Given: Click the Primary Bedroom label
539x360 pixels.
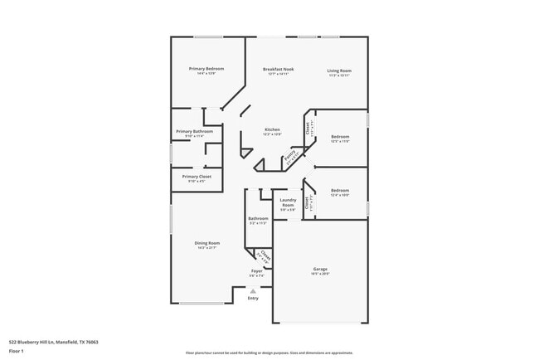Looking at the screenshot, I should [x=207, y=68].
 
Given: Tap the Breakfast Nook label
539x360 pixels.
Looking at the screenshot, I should [x=278, y=69].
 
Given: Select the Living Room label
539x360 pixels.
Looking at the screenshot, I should [x=338, y=71].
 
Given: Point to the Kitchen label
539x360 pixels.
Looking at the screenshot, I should [x=272, y=129].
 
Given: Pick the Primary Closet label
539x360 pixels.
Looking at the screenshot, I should [x=197, y=177].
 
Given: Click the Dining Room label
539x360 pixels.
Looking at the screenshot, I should [x=207, y=242].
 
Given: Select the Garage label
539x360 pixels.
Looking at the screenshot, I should [x=320, y=269].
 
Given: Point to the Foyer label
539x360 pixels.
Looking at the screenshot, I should [x=257, y=271].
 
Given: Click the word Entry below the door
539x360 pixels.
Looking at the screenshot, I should [x=253, y=299].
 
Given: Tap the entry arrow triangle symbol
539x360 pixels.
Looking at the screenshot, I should [x=253, y=290].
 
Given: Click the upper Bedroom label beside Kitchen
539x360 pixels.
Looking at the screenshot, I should [x=340, y=136].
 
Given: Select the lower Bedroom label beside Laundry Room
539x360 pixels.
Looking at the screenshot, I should [x=340, y=190].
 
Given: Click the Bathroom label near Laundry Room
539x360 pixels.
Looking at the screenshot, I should [x=257, y=218].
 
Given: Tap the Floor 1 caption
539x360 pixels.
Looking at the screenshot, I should [x=17, y=350].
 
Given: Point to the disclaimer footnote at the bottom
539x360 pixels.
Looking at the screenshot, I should [x=269, y=353].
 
